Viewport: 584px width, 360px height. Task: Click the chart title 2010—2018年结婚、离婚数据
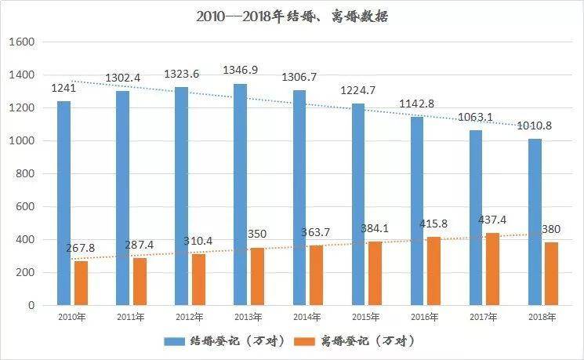292,15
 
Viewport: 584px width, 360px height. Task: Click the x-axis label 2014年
307,317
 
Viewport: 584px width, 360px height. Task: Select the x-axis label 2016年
424,317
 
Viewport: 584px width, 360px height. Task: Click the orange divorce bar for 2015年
375,273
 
